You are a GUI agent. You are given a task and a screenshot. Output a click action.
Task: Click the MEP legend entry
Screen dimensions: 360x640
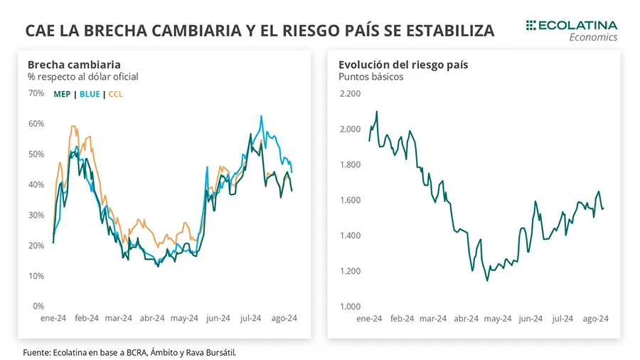point(62,94)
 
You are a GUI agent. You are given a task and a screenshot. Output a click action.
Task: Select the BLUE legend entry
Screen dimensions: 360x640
point(90,94)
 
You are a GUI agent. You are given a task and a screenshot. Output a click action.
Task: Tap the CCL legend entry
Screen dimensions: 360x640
point(115,94)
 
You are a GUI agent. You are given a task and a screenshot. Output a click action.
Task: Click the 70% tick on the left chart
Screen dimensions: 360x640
point(36,92)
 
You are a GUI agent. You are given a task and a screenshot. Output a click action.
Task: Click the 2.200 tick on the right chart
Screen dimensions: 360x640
point(351,93)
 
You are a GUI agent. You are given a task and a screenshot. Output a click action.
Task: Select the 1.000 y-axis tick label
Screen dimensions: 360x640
point(351,307)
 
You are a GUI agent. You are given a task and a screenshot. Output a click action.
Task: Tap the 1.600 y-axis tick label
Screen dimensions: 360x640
point(351,200)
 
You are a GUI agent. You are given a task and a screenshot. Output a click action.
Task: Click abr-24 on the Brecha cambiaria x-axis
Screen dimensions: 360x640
point(151,319)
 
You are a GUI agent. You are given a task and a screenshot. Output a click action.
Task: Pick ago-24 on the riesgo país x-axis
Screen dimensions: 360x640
point(595,319)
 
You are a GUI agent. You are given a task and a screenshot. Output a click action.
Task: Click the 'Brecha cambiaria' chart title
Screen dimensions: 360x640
point(74,65)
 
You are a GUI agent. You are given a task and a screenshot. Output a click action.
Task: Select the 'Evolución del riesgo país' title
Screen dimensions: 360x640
point(403,65)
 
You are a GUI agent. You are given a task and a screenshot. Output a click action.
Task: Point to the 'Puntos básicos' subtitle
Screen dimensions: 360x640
point(371,77)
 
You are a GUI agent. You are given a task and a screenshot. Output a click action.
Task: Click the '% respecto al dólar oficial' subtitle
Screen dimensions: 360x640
point(82,77)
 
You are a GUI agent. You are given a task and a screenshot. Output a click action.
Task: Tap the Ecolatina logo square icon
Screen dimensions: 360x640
point(530,26)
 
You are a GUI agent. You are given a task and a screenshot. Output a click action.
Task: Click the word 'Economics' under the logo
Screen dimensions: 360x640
point(593,38)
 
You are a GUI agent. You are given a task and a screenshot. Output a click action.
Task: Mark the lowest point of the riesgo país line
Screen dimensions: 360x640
point(487,280)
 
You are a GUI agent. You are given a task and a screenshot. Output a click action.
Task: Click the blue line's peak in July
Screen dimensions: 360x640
point(261,115)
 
